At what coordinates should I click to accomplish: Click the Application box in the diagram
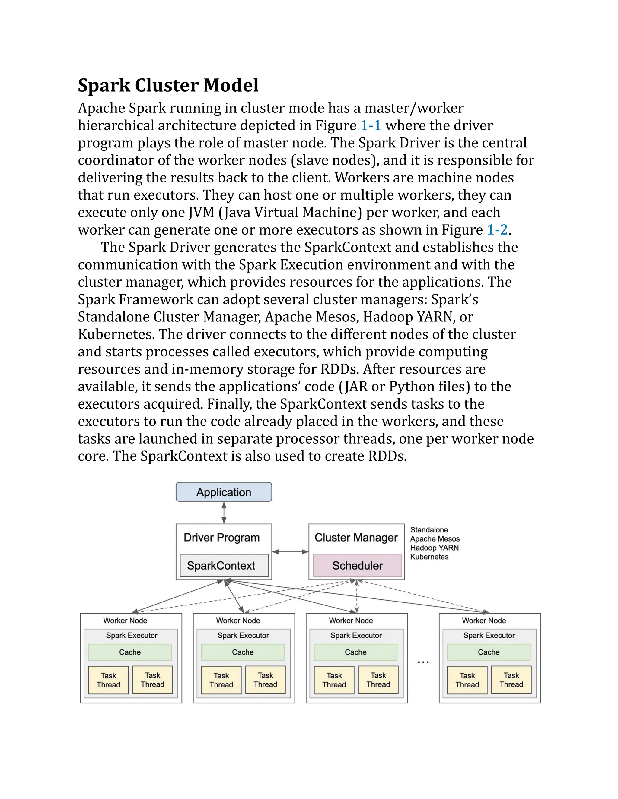tap(224, 492)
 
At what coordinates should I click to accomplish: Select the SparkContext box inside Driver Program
tap(224, 565)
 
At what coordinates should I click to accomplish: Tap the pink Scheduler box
tap(357, 565)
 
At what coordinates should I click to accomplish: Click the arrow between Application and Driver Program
tap(224, 512)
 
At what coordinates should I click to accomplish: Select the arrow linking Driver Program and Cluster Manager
tap(290, 552)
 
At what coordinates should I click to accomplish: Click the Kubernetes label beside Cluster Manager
tap(429, 557)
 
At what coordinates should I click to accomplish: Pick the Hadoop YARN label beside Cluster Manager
tap(434, 548)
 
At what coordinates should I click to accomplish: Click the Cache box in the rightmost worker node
tap(489, 652)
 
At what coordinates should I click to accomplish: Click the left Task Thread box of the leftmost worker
tap(108, 680)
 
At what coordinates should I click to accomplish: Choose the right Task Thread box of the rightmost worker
tap(511, 680)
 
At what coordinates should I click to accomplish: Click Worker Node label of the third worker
tap(351, 621)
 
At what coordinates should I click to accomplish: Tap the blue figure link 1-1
tap(371, 125)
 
